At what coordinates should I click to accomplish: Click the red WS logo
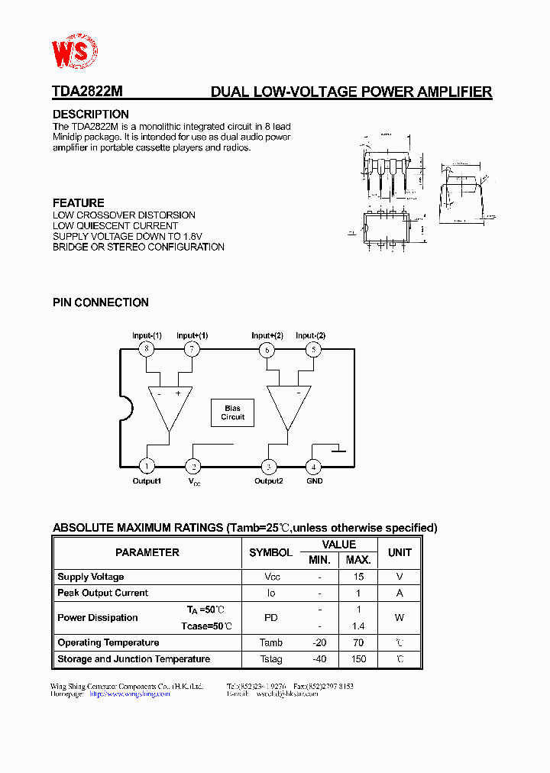[74, 52]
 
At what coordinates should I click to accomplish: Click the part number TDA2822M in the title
[87, 92]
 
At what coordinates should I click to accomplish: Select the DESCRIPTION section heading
[90, 115]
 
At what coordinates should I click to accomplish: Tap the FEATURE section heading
[78, 203]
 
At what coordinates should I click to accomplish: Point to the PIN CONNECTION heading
[100, 302]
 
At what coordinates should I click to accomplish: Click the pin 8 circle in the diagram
[147, 349]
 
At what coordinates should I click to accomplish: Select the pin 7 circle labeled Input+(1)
[192, 349]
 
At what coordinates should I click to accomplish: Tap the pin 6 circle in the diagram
[267, 350]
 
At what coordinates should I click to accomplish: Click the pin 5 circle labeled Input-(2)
[312, 350]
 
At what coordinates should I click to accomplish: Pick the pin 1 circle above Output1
[147, 466]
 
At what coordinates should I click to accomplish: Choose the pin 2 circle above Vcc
[194, 466]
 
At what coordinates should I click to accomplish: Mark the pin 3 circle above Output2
[268, 466]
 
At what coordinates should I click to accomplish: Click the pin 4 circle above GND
[312, 466]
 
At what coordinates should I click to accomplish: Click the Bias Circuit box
[233, 413]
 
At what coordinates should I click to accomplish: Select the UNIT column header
[400, 552]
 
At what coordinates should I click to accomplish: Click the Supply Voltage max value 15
[358, 577]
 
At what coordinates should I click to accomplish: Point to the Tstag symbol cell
[270, 659]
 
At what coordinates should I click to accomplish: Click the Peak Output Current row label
[102, 593]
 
